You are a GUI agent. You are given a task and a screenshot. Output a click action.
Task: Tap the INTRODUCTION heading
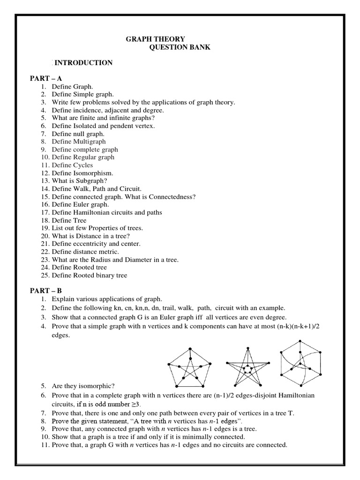point(83,63)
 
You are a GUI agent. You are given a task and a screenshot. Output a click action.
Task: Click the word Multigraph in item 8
point(90,142)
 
